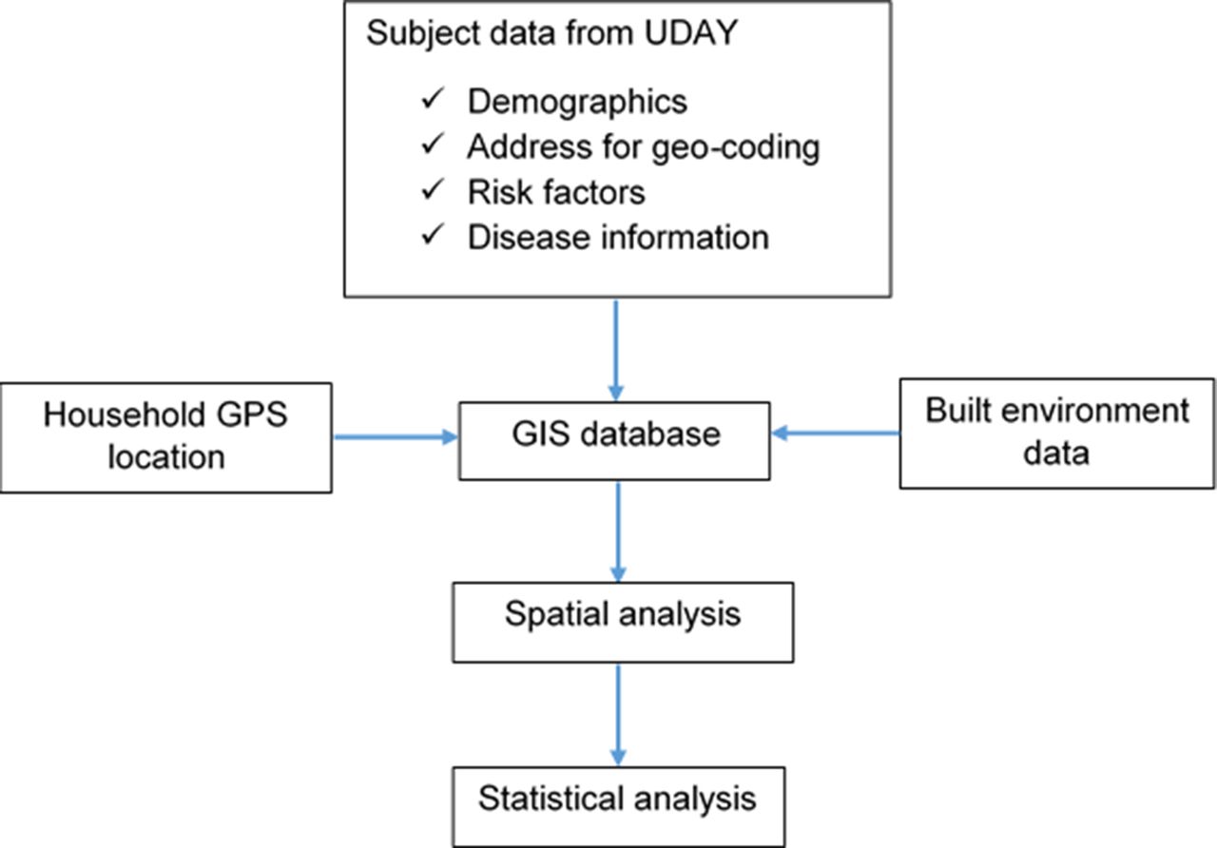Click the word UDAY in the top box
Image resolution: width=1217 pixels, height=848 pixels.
tap(690, 33)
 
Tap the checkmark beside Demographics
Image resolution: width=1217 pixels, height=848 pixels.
tap(433, 99)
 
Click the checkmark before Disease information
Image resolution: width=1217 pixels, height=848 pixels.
tap(433, 235)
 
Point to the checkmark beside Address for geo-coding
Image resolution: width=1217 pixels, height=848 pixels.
tap(433, 145)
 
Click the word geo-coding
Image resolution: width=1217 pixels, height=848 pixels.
tap(736, 148)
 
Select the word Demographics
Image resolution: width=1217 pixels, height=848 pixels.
tap(577, 103)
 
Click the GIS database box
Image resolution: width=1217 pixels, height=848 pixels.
tap(614, 441)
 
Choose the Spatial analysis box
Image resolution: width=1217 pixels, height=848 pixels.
tap(623, 623)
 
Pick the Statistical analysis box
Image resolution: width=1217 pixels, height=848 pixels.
tap(619, 807)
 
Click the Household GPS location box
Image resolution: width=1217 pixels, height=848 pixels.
tap(166, 438)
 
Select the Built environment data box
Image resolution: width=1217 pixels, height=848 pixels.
tap(1056, 434)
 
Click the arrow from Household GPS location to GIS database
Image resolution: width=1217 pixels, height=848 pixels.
tap(396, 436)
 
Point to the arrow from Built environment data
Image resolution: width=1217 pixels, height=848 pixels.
tap(835, 433)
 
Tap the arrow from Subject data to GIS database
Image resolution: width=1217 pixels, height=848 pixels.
tap(615, 351)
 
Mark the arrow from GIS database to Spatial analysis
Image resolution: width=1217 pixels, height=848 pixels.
tap(618, 531)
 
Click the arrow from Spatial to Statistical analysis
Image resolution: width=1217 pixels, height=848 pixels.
tap(618, 715)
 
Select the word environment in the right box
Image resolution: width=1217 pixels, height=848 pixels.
tap(1095, 411)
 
